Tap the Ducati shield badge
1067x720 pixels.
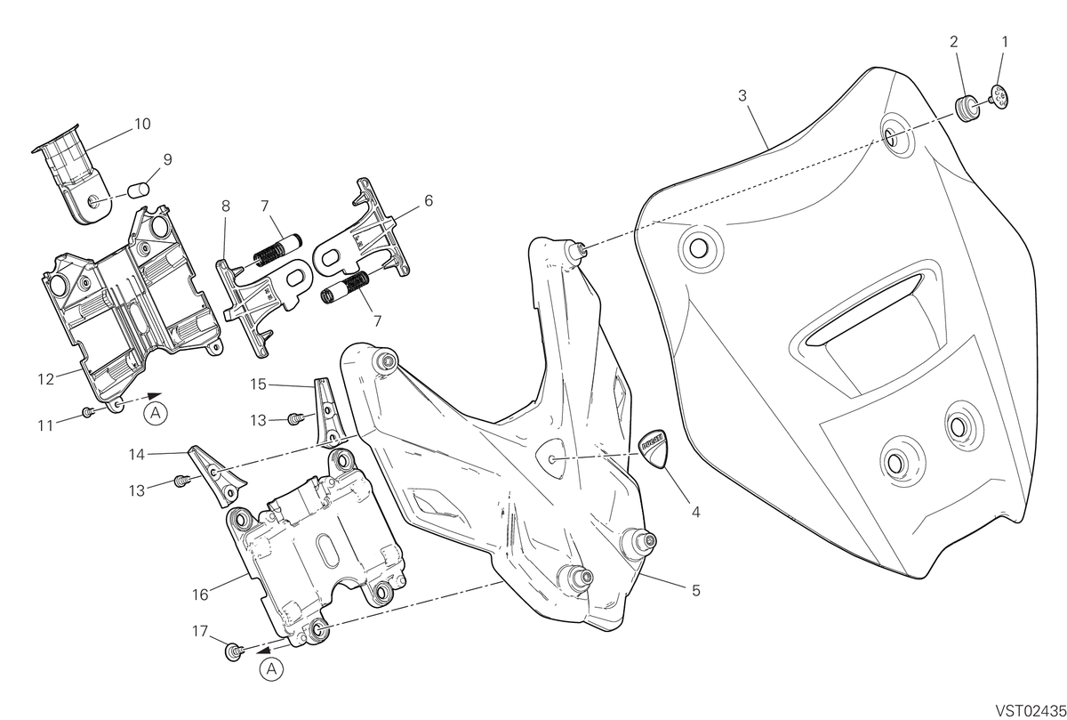(652, 449)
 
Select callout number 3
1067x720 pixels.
(742, 96)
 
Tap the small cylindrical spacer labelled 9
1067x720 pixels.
(138, 190)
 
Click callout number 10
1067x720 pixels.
(142, 124)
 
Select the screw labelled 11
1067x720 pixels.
(88, 412)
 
